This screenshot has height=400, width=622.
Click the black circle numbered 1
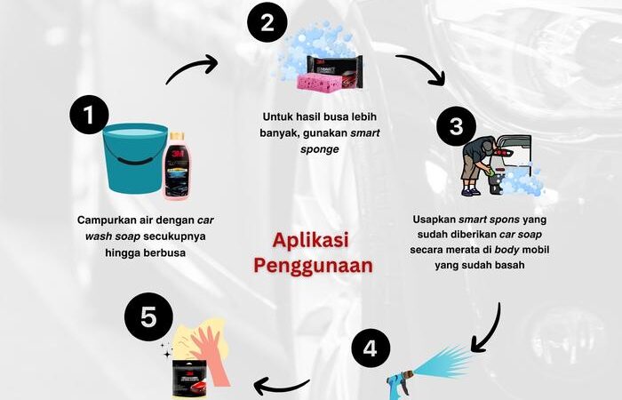click(x=89, y=115)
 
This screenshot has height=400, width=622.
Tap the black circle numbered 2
click(x=267, y=22)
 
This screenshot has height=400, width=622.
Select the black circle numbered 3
click(x=456, y=126)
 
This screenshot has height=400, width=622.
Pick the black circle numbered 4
click(x=371, y=348)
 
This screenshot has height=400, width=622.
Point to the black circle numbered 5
click(x=148, y=317)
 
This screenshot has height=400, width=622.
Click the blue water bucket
click(x=135, y=158)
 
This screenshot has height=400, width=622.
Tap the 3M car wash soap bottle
click(x=177, y=166)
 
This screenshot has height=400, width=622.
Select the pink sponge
click(x=319, y=82)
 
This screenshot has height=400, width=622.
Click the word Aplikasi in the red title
click(x=311, y=241)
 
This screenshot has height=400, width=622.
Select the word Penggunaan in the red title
click(x=314, y=266)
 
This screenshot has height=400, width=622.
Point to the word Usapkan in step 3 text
click(x=434, y=220)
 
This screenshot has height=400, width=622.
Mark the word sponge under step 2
click(x=320, y=149)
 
